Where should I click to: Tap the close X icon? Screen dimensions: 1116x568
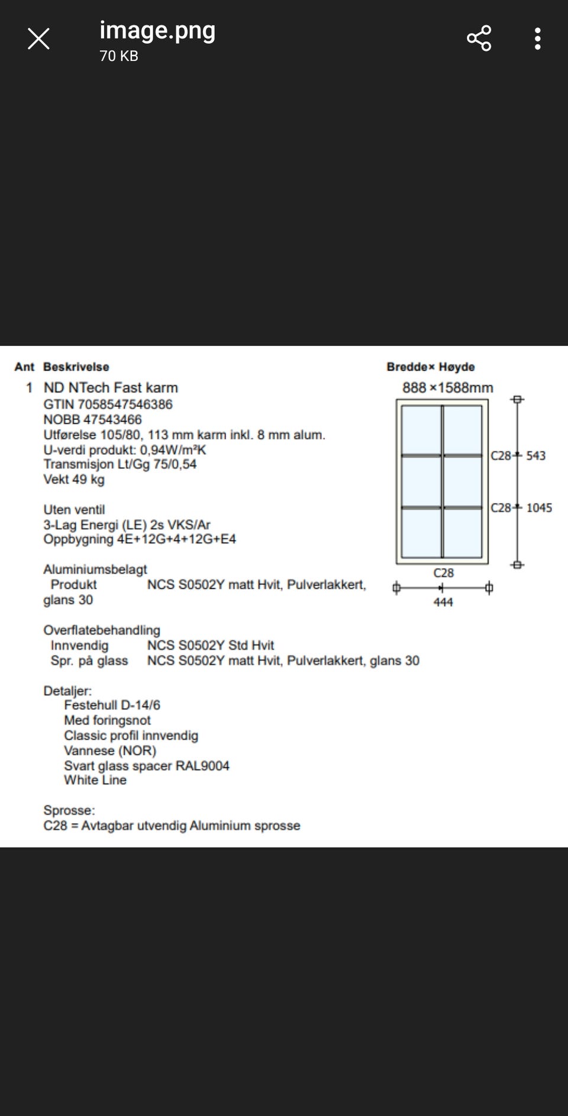click(38, 39)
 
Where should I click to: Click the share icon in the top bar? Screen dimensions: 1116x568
click(479, 38)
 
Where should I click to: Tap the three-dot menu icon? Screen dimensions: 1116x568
click(537, 38)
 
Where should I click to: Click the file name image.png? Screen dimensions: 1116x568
click(157, 30)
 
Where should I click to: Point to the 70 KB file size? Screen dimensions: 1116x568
click(118, 56)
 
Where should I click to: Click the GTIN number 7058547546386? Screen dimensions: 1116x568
click(125, 405)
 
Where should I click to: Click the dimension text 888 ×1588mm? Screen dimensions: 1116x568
click(447, 388)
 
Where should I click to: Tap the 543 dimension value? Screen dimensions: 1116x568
click(535, 456)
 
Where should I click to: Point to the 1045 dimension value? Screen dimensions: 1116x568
click(538, 508)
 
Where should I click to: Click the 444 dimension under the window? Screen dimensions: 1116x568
click(443, 602)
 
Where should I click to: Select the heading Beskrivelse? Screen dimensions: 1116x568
click(76, 367)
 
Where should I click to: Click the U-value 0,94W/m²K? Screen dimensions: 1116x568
click(173, 450)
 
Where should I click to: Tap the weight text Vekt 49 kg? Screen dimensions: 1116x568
click(73, 480)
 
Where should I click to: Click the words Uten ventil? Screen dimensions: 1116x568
click(74, 510)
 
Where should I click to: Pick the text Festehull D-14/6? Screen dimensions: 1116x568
click(112, 706)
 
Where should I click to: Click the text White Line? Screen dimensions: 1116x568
click(95, 780)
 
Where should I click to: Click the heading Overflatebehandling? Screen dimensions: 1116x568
click(102, 630)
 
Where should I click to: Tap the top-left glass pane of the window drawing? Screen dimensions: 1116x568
click(421, 430)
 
